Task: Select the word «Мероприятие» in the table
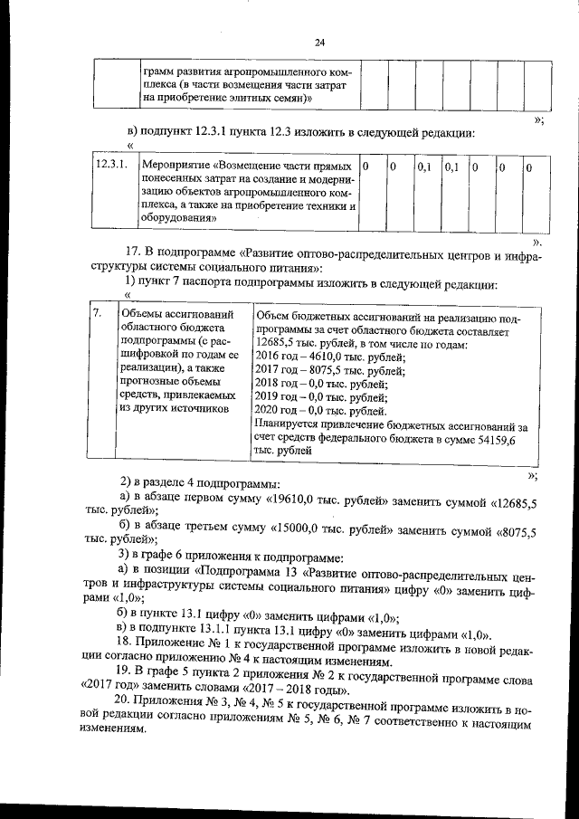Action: coord(177,167)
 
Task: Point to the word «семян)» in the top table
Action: coord(291,96)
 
